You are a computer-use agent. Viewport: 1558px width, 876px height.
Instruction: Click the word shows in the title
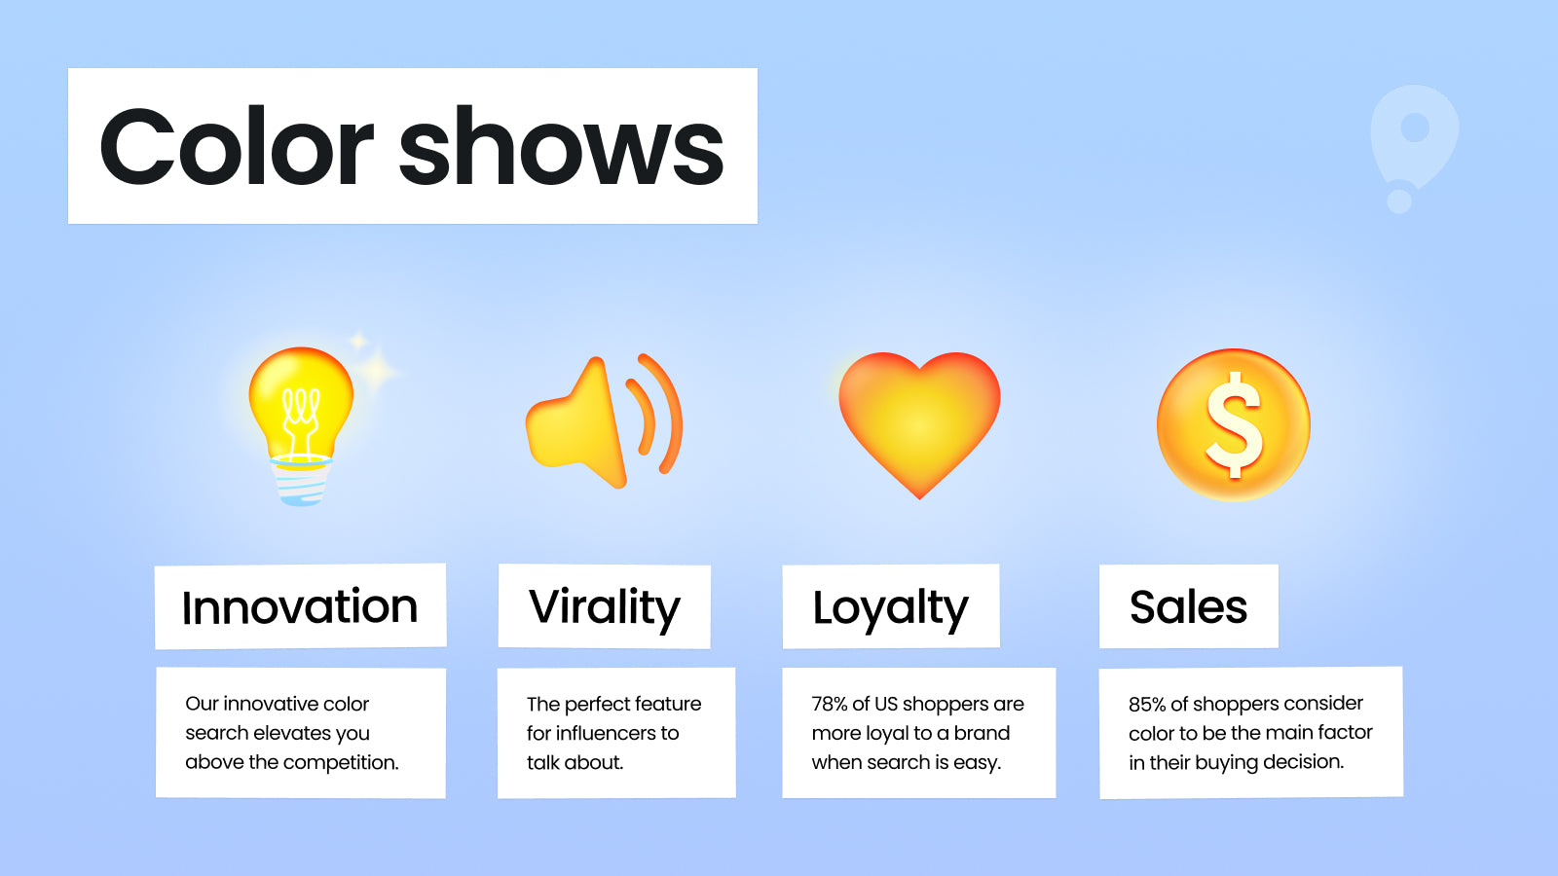click(561, 146)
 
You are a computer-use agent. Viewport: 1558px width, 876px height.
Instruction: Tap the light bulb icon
click(301, 425)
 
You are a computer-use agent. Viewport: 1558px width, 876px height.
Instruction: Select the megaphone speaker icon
click(604, 421)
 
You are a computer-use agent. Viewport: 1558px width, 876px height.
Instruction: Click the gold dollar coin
click(1233, 424)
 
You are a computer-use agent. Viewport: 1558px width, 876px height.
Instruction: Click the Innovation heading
click(300, 607)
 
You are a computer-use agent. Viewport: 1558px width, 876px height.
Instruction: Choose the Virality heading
click(604, 608)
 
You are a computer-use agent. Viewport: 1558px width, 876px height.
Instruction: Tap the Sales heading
click(1188, 607)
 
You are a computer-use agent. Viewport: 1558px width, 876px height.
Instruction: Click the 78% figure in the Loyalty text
click(829, 704)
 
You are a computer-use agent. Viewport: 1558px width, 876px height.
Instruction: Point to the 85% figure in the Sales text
click(1147, 705)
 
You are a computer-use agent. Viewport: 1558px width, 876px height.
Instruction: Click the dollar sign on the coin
click(1234, 425)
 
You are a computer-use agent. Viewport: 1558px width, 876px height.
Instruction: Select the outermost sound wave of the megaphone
click(663, 413)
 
